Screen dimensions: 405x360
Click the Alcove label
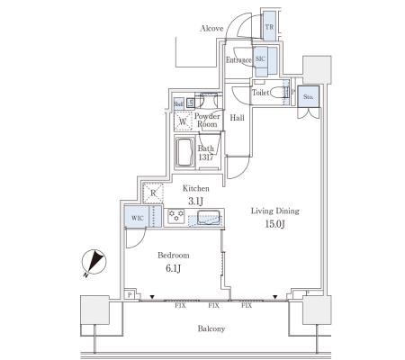pos(211,29)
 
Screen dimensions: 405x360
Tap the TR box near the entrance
pos(269,26)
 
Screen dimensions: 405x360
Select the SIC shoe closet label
pos(260,58)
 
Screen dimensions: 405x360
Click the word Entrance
pos(238,60)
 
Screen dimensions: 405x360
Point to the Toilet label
pos(260,93)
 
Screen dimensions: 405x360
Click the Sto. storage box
pos(308,96)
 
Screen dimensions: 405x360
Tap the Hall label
pos(237,118)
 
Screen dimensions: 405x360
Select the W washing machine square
pos(183,121)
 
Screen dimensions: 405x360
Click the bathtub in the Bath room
pos(184,152)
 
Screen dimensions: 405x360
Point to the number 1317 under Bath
pos(206,157)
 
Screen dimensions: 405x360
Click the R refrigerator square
pos(153,193)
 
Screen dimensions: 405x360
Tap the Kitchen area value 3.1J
pos(195,202)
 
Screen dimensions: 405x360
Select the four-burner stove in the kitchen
pos(176,216)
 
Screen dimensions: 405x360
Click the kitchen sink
pos(208,217)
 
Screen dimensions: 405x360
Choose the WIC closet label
pos(137,218)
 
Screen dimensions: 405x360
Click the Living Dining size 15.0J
pos(274,224)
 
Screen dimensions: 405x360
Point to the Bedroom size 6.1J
pos(173,268)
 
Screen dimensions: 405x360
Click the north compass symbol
pos(94,262)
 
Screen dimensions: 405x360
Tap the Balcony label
pos(211,328)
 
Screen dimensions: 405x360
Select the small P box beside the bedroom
pos(130,295)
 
